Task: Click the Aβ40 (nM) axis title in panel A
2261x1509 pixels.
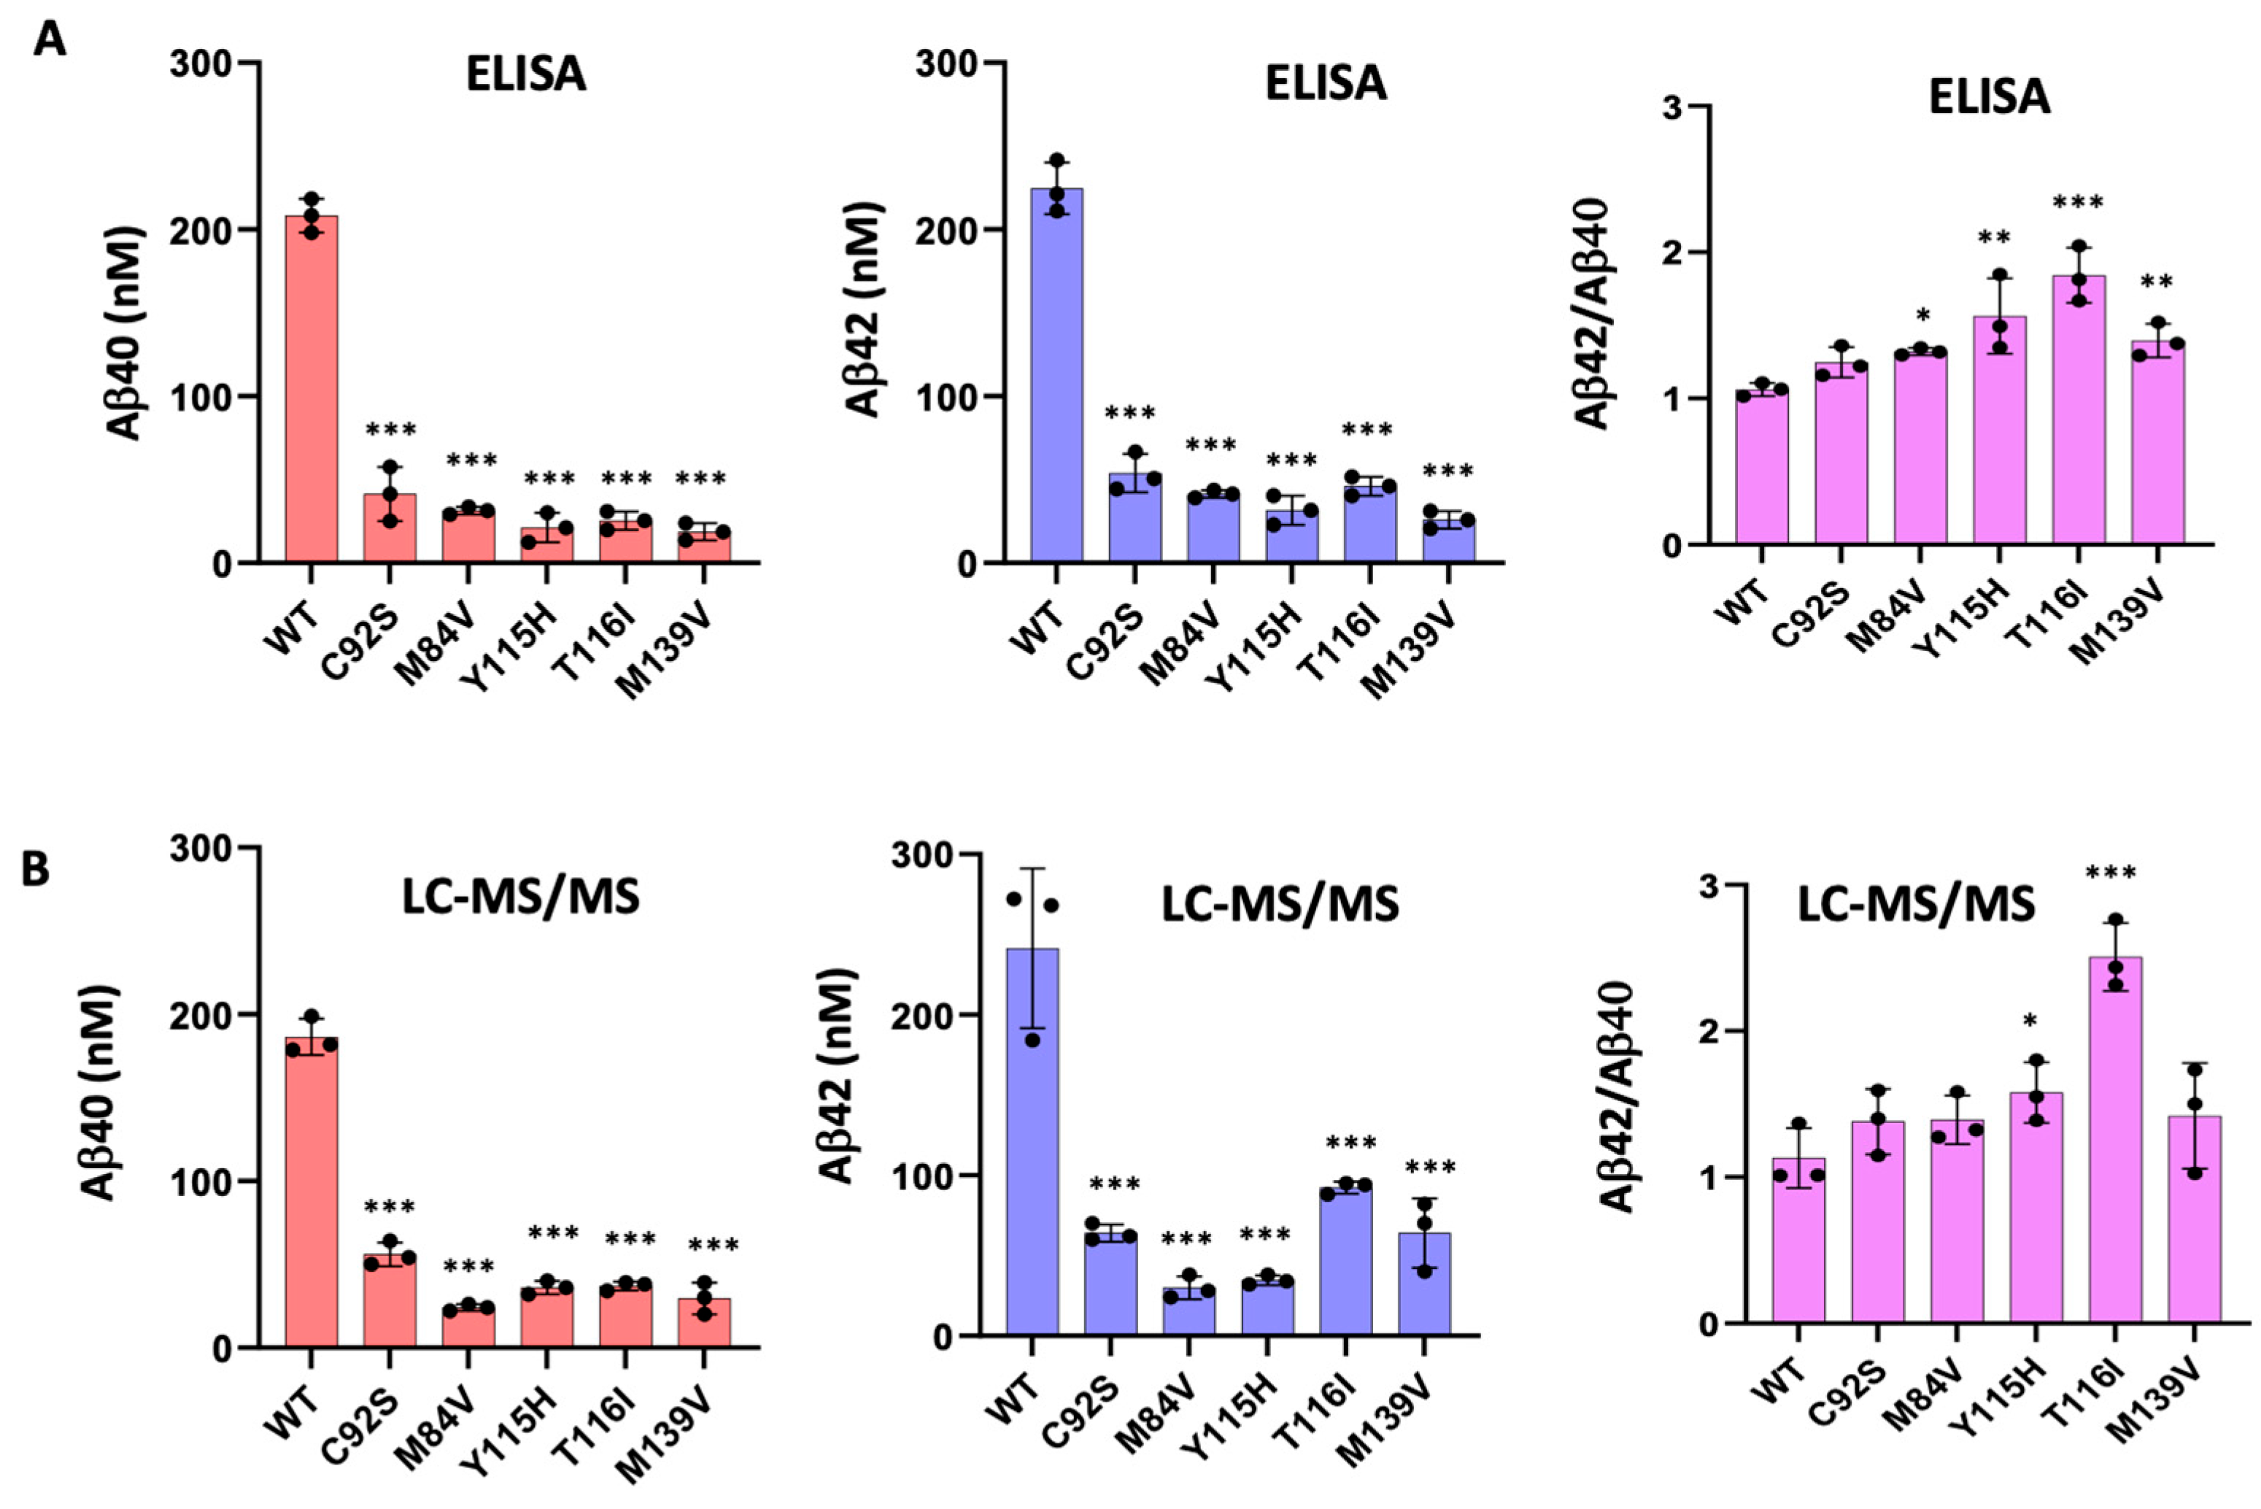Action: click(x=125, y=332)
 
